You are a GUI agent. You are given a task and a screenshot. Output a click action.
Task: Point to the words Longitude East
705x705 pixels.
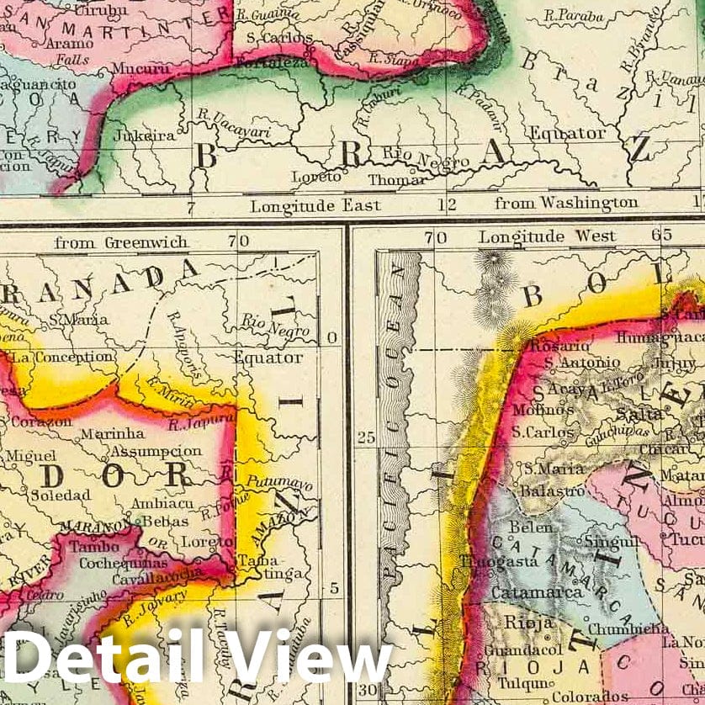[315, 204]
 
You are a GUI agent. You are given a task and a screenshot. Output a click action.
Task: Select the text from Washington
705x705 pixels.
[566, 203]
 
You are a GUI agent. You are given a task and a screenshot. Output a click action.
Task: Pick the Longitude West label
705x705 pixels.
[547, 236]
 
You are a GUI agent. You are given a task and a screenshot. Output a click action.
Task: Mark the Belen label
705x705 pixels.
[532, 527]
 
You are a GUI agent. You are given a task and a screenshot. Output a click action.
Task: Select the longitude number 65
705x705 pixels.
[666, 235]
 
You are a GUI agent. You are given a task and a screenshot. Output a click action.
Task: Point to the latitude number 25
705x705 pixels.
[365, 437]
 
